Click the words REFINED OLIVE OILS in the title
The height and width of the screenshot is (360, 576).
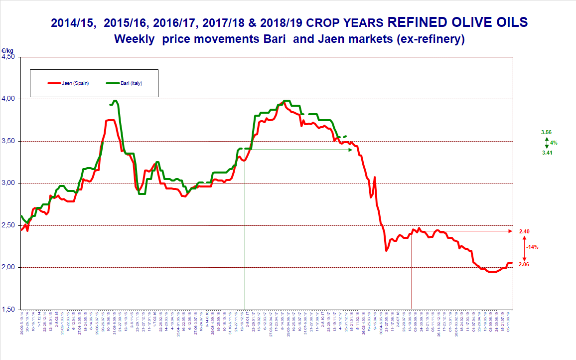click(457, 22)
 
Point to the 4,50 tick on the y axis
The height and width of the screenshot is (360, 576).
click(9, 57)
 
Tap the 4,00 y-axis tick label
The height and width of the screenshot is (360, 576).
click(9, 99)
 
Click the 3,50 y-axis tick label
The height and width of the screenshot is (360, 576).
click(9, 141)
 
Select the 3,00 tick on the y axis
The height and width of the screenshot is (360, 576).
click(9, 183)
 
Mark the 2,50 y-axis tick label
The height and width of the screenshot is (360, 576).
click(9, 225)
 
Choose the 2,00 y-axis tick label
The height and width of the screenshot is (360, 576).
click(9, 268)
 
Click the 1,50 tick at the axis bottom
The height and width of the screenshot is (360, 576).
click(9, 310)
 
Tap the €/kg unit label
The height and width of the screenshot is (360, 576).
click(7, 51)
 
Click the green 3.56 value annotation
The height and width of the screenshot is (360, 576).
click(547, 132)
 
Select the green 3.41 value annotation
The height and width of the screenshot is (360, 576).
click(547, 153)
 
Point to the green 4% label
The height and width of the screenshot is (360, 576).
click(554, 143)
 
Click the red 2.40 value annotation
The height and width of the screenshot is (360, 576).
click(524, 231)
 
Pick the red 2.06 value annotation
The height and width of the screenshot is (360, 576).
click(524, 264)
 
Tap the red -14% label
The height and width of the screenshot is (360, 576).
click(532, 247)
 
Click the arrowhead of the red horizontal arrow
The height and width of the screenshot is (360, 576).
click(510, 231)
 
